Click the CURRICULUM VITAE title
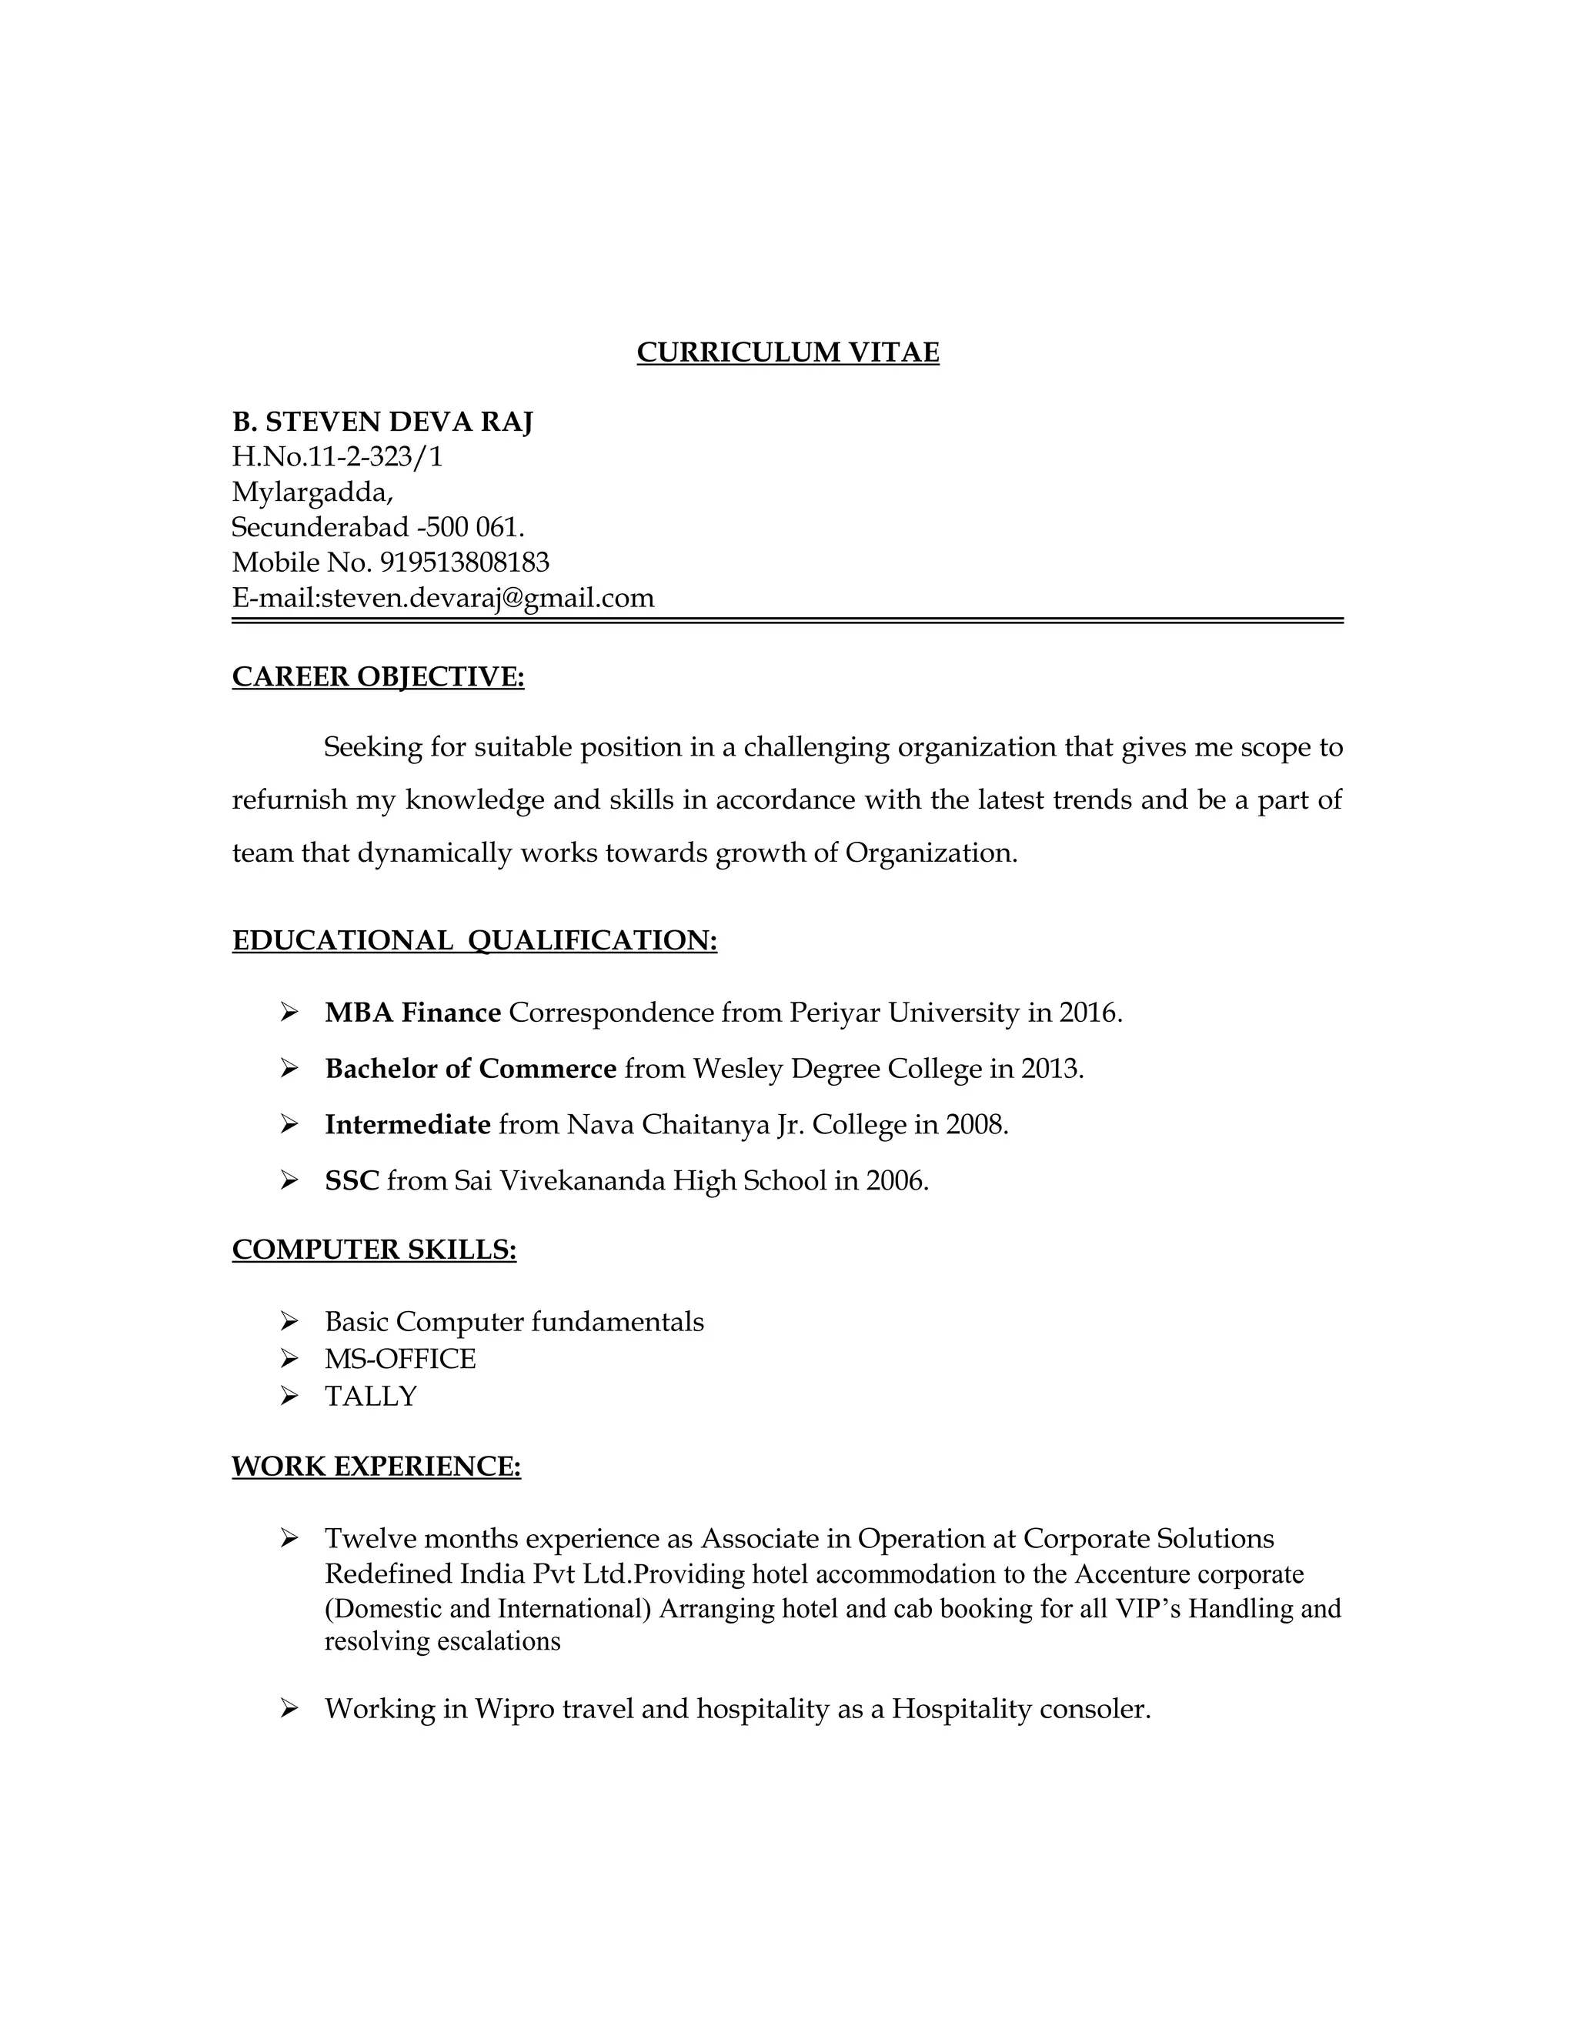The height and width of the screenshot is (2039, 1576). click(787, 352)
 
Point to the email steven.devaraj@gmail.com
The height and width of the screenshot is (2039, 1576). click(487, 598)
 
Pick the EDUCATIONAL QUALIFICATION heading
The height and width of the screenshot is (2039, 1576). click(474, 940)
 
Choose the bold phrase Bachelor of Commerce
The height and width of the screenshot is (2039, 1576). click(470, 1068)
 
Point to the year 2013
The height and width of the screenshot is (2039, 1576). click(1050, 1068)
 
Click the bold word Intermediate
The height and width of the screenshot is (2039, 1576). click(407, 1124)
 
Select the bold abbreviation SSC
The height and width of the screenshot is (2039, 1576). click(351, 1181)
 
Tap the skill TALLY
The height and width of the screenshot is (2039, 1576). click(371, 1396)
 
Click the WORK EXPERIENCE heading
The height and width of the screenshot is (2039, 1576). click(376, 1466)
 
